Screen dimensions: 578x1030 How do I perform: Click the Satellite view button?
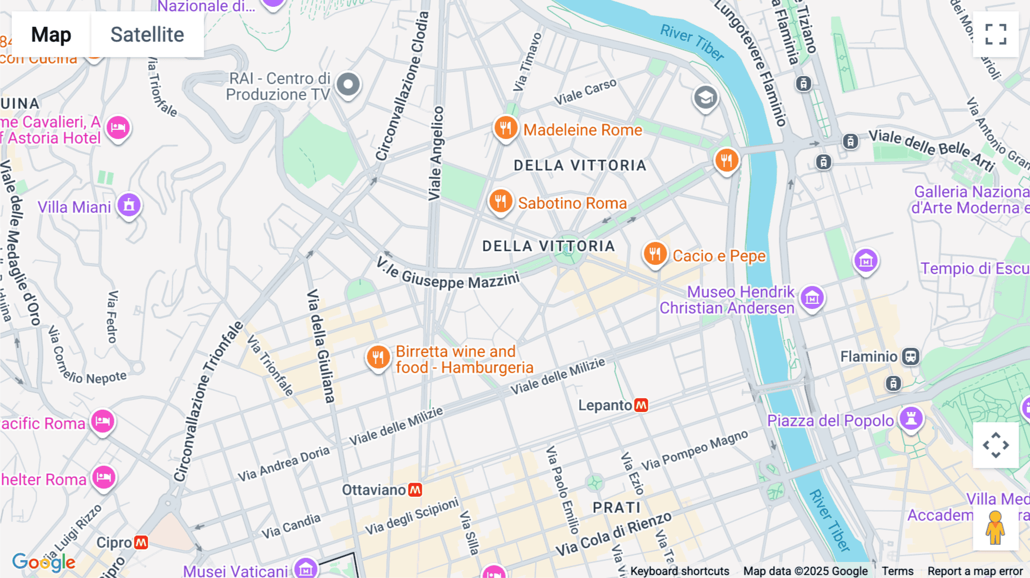click(147, 34)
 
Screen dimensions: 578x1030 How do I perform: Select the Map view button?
click(51, 34)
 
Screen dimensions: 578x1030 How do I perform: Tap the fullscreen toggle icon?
click(996, 34)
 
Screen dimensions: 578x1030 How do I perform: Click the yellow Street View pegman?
click(995, 527)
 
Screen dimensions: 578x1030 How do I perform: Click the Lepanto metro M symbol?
click(641, 405)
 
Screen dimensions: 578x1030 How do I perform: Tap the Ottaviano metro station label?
click(374, 490)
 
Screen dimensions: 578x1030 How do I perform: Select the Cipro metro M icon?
click(141, 542)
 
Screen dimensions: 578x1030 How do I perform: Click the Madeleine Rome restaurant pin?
click(506, 128)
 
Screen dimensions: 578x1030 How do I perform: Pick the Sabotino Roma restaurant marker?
click(500, 201)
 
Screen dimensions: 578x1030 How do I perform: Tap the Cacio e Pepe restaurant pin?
click(655, 254)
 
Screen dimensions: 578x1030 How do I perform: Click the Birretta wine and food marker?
click(378, 358)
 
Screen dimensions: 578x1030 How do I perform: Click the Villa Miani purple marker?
click(129, 205)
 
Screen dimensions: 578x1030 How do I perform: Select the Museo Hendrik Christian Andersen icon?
click(812, 298)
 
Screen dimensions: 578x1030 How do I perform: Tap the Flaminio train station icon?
click(910, 357)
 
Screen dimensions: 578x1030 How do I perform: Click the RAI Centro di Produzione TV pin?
click(348, 85)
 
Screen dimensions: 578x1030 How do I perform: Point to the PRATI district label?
click(616, 508)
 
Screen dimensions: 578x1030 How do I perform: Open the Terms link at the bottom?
click(897, 571)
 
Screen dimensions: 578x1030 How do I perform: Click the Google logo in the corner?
click(43, 562)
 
